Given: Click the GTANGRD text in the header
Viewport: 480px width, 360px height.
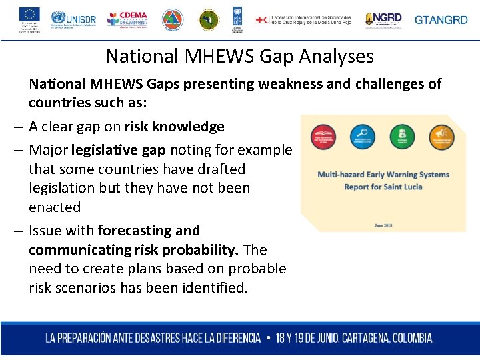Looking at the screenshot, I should point(441,20).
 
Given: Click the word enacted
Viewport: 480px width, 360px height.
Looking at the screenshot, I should point(54,207).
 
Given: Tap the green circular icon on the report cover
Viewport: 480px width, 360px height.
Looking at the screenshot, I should point(401,136).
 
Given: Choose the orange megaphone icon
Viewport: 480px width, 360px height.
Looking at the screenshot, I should point(441,136).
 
